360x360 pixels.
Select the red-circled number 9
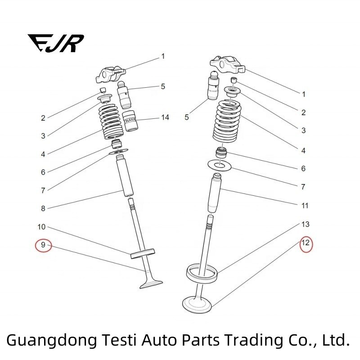[44, 245]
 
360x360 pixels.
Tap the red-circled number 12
[306, 243]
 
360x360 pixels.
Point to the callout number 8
[43, 208]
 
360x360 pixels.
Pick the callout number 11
[305, 206]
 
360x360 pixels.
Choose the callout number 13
[305, 224]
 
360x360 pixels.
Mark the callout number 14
[165, 117]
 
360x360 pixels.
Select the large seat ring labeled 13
[202, 271]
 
